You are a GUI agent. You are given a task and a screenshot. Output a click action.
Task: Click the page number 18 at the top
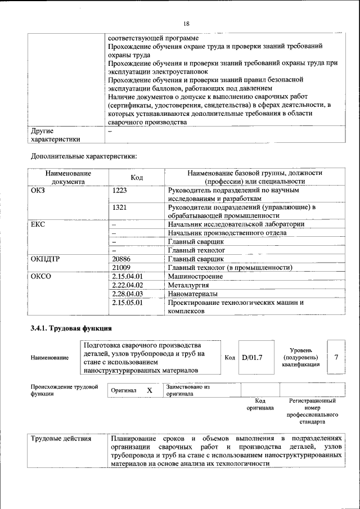pyautogui.click(x=186, y=23)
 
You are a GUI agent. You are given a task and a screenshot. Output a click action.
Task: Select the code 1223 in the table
pyautogui.click(x=120, y=191)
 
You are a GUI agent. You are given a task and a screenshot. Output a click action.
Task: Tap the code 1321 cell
pyautogui.click(x=120, y=207)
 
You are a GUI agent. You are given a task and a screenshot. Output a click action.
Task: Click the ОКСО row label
pyautogui.click(x=41, y=276)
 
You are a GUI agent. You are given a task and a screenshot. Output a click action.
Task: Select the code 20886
pyautogui.click(x=121, y=259)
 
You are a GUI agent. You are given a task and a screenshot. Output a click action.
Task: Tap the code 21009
pyautogui.click(x=121, y=267)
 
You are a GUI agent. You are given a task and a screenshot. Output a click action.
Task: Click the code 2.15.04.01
pyautogui.click(x=128, y=276)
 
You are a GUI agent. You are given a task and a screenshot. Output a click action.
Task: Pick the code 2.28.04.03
pyautogui.click(x=128, y=294)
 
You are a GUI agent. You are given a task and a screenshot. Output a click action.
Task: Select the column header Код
pyautogui.click(x=137, y=178)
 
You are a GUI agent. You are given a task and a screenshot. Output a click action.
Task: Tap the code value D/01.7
pyautogui.click(x=251, y=357)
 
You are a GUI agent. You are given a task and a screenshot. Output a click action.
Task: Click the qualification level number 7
pyautogui.click(x=336, y=357)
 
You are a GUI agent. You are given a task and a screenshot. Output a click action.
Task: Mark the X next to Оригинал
pyautogui.click(x=149, y=390)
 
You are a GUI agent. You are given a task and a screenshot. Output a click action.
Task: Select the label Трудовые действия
pyautogui.click(x=59, y=438)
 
